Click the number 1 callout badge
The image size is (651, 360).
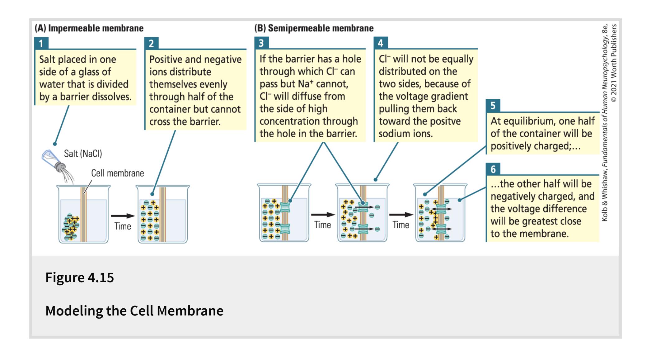pos(41,43)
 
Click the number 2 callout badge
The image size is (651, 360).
pos(151,43)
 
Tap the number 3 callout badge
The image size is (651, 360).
pos(261,43)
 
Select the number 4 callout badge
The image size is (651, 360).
pos(381,43)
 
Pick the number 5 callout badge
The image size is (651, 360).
pos(493,106)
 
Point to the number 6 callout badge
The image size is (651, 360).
pos(493,169)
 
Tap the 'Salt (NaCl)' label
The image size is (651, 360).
pos(83,154)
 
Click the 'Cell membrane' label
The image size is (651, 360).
pos(117,173)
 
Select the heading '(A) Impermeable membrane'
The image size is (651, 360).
pos(89,28)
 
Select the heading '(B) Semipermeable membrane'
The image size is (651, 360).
pos(314,28)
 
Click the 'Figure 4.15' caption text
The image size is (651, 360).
pos(80,277)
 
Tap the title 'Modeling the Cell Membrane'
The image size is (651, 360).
pos(134,310)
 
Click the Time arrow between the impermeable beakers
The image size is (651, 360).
pos(123,216)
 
